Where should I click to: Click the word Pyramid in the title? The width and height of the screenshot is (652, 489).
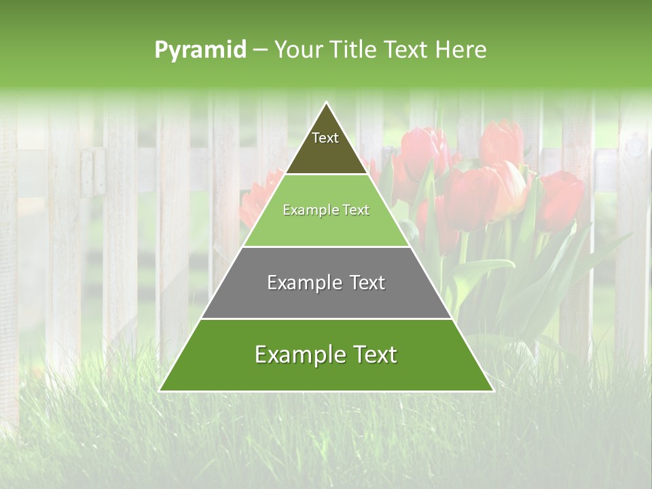click(x=200, y=50)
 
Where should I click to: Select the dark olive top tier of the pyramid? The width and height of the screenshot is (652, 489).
click(x=326, y=153)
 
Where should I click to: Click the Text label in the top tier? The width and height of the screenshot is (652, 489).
click(x=325, y=138)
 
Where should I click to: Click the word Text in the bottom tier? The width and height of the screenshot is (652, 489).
click(x=372, y=355)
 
